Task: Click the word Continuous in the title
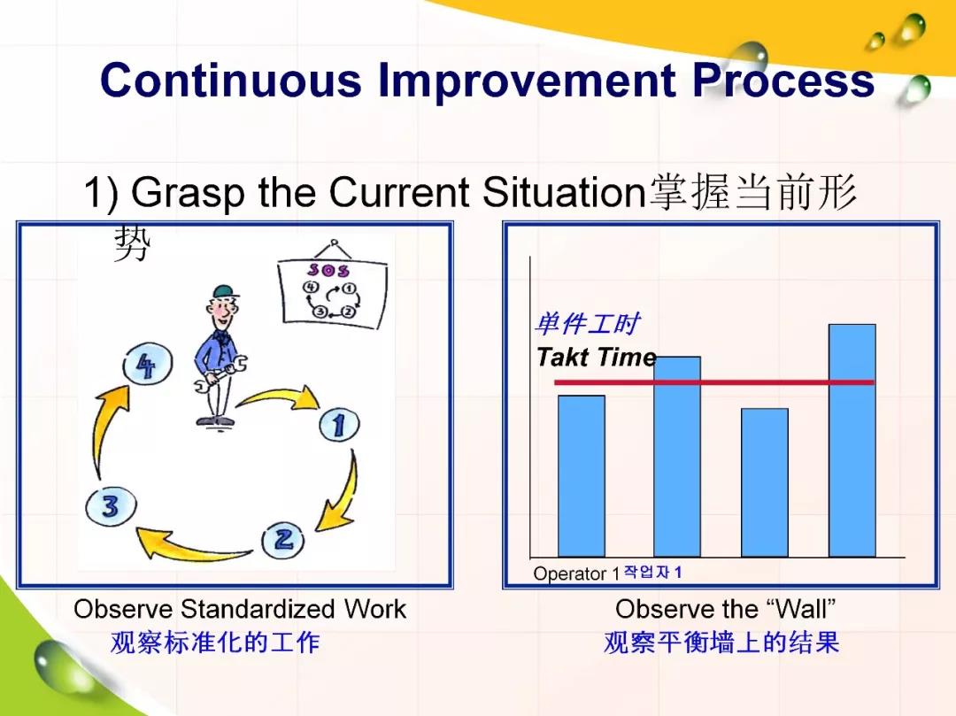231,81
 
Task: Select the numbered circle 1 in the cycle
339,425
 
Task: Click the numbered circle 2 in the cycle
283,540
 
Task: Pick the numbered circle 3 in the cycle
111,506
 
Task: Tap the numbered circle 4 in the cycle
147,365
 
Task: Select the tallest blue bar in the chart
852,440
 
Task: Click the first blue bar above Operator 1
582,476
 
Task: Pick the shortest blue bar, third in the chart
765,482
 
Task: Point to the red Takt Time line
714,382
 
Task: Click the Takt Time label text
597,357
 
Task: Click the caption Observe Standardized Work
240,609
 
